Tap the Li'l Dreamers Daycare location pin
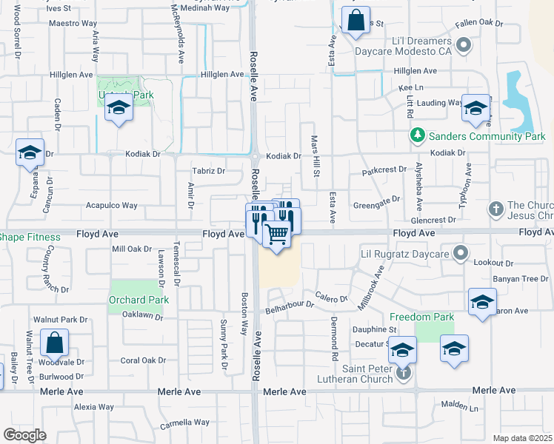[464, 46]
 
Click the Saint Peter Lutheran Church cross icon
[403, 371]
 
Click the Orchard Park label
[138, 300]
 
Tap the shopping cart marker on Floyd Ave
[277, 235]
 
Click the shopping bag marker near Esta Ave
[356, 21]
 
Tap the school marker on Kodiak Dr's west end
[30, 153]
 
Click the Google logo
[24, 435]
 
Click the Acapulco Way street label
[113, 206]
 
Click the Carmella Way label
[185, 423]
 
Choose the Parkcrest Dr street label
[384, 169]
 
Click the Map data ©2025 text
[523, 438]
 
